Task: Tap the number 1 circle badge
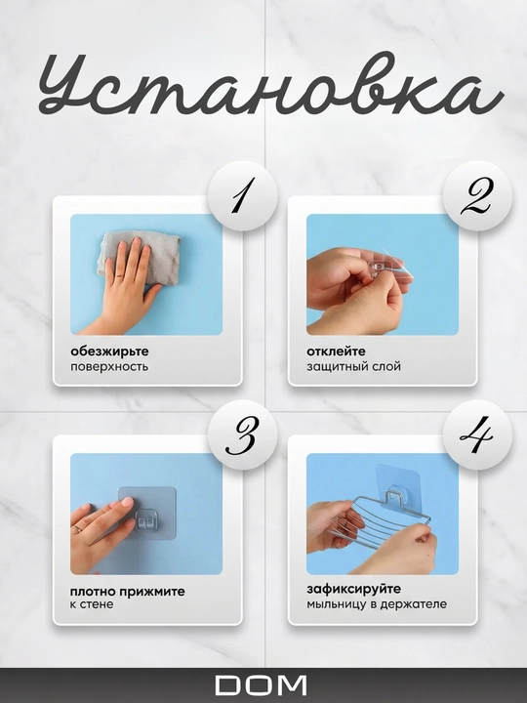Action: click(x=243, y=196)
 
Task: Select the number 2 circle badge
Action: click(x=477, y=196)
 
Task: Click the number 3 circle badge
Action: click(x=243, y=434)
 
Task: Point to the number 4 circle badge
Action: click(x=477, y=434)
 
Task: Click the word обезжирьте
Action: click(x=109, y=351)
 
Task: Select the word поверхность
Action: click(x=109, y=367)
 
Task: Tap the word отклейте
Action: click(x=336, y=351)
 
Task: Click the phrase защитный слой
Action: click(x=353, y=367)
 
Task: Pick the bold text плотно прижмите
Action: click(x=128, y=592)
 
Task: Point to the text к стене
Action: click(x=92, y=604)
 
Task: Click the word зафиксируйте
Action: click(x=354, y=589)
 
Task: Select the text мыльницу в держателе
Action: click(x=377, y=604)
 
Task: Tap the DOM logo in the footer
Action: click(x=261, y=685)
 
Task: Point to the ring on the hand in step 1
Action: click(x=120, y=276)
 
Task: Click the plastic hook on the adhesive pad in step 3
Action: click(x=147, y=521)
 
